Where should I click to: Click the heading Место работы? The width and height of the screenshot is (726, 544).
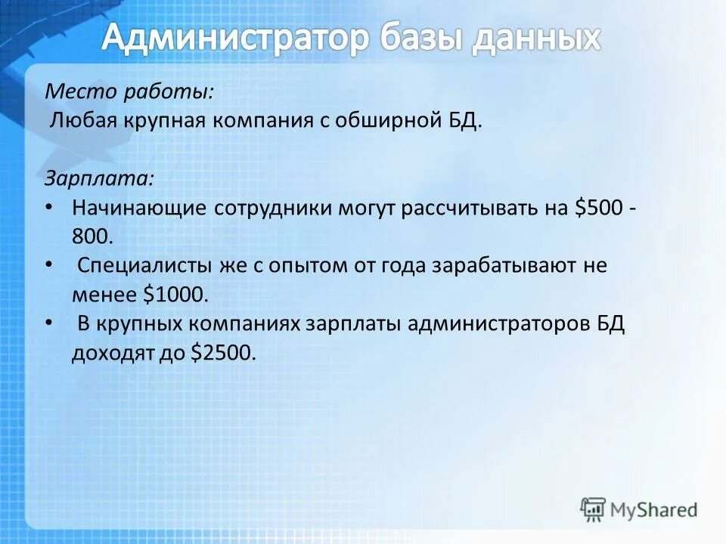coord(129,92)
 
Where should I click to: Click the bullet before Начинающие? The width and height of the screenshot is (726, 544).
coord(49,206)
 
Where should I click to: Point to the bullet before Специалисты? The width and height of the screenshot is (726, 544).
coord(49,264)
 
